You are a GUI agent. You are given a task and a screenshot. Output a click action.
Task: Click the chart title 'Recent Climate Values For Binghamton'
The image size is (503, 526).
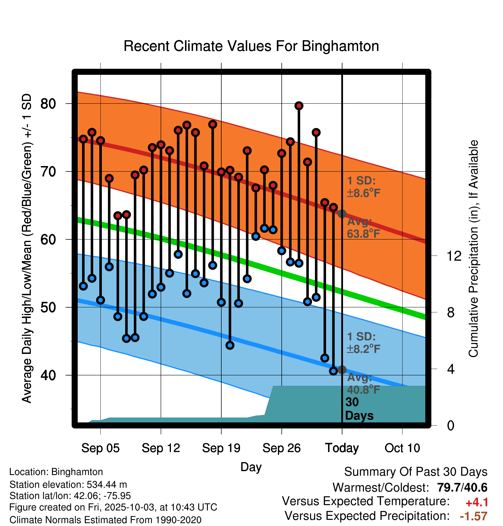pos(251,46)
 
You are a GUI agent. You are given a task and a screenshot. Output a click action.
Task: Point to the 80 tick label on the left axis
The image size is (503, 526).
pos(48,104)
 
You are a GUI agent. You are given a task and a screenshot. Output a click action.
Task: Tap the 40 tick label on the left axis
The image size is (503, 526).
pos(48,375)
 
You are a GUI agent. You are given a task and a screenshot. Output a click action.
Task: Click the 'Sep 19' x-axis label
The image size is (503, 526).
pos(221,448)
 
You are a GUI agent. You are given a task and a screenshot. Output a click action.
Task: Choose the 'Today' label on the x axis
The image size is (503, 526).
pos(342,448)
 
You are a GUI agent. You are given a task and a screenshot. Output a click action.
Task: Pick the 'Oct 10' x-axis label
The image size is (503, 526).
pos(402,448)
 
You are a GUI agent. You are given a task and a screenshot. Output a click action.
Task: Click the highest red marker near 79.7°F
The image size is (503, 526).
pos(299,106)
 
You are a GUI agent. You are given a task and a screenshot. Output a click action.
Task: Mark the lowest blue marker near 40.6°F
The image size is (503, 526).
pos(333,371)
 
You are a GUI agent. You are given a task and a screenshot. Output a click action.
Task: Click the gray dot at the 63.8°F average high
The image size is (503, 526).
pos(342,214)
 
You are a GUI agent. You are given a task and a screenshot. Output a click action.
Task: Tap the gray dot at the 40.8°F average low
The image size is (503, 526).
pos(342,370)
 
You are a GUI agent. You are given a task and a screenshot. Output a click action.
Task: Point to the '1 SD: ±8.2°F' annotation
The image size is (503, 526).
pos(363,343)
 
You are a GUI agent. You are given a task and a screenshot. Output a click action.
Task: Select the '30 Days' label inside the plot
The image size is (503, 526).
pos(359,409)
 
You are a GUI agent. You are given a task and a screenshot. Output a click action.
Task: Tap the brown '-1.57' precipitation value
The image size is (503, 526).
pos(473,516)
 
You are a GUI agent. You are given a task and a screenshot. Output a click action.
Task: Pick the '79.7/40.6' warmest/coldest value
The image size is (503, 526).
pos(462,487)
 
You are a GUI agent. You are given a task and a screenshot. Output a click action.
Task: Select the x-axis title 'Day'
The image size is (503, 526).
pos(251,467)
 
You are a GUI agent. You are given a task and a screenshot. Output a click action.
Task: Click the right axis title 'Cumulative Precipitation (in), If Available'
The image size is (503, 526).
pos(473,249)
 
